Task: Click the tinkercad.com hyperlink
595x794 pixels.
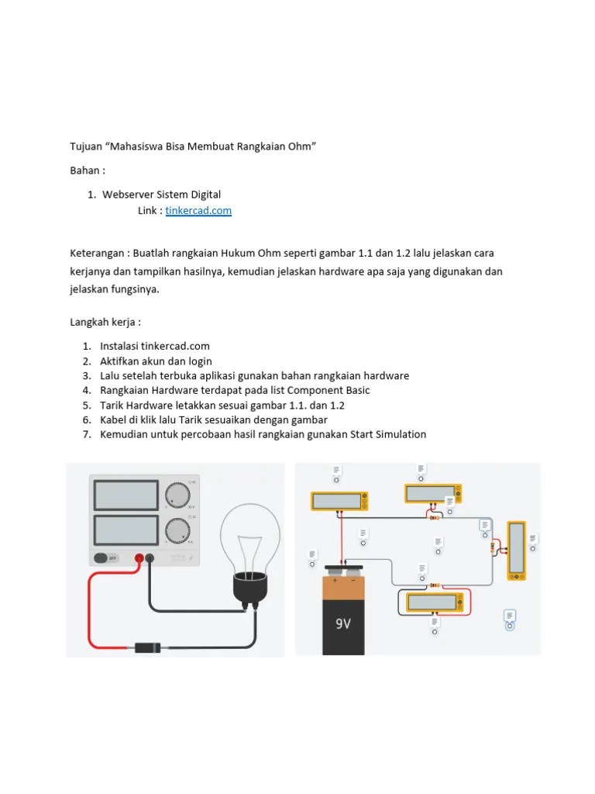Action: click(x=198, y=211)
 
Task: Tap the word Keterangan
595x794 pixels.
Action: click(x=98, y=254)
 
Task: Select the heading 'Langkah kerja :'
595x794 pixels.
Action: click(x=105, y=321)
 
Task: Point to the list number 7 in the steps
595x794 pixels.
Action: click(x=87, y=434)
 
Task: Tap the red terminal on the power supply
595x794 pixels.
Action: click(x=140, y=558)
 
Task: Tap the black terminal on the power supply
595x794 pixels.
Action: click(x=150, y=558)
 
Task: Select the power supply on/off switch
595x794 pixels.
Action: click(x=105, y=558)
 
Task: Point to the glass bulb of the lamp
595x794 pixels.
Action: click(x=250, y=536)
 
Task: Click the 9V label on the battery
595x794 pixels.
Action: click(x=343, y=623)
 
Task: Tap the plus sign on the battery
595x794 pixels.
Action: click(x=335, y=579)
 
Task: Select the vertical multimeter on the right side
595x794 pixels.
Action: click(x=516, y=550)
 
